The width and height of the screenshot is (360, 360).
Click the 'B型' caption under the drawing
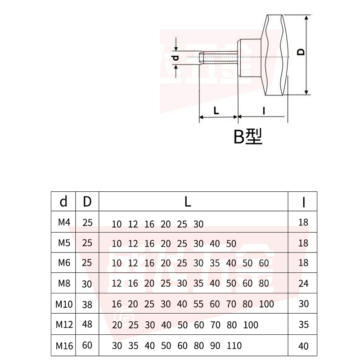[x=247, y=136]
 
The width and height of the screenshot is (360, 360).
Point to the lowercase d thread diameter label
[x=176, y=57]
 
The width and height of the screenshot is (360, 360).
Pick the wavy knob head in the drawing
[x=275, y=55]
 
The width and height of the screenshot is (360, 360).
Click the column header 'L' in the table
[x=188, y=202]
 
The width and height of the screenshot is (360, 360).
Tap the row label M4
[x=63, y=222]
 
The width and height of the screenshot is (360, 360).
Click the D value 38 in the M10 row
[x=87, y=304]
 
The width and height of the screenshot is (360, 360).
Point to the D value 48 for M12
[x=87, y=325]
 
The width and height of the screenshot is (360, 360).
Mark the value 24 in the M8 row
[x=303, y=283]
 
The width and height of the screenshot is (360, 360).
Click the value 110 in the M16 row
[x=234, y=346]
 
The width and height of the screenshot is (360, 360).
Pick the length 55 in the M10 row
[x=198, y=304]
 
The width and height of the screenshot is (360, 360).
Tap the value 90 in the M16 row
[x=215, y=346]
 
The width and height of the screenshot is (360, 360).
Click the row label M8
[x=64, y=283]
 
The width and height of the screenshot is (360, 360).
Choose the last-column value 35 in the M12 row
[x=303, y=325]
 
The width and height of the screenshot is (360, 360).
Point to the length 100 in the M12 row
[x=251, y=325]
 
